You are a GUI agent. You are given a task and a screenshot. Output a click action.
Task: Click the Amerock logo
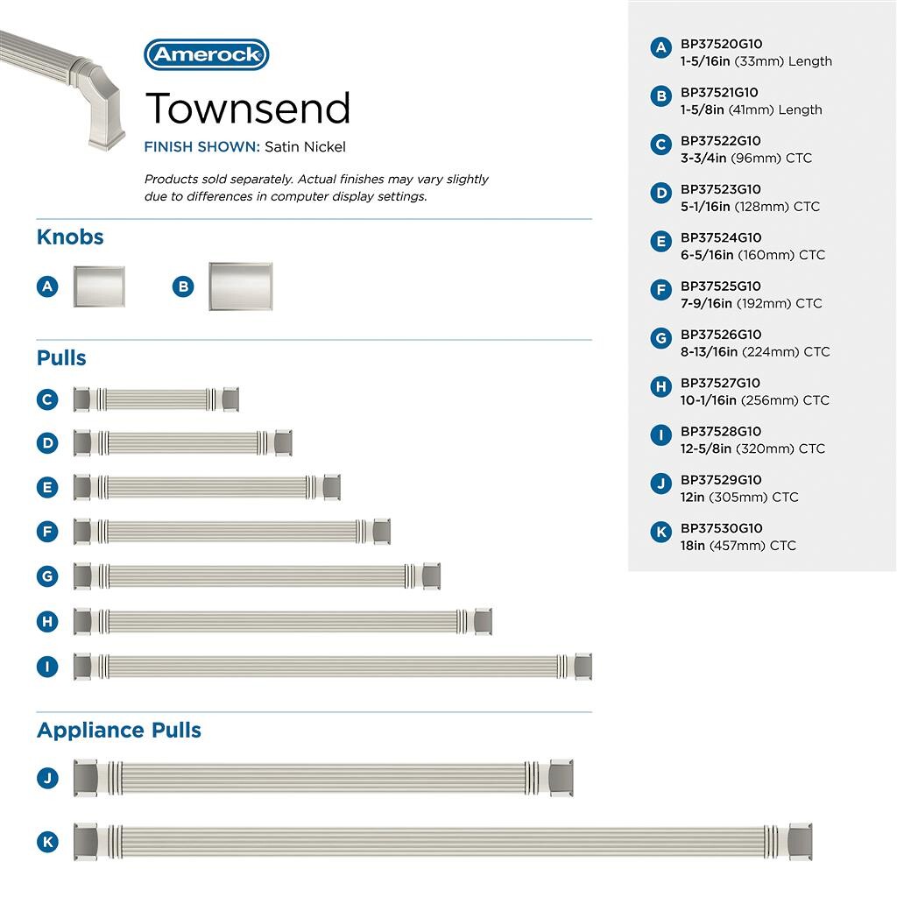tap(206, 54)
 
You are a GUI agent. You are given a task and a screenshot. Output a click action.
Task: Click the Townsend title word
tap(248, 108)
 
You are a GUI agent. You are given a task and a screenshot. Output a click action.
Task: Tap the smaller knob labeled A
tap(98, 286)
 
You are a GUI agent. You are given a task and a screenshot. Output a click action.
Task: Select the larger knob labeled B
tap(240, 286)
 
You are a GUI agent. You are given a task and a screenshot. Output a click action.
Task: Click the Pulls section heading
tap(61, 358)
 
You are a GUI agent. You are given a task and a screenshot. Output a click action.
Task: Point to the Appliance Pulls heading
tap(119, 731)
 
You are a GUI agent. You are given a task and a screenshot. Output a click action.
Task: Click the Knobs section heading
tap(70, 237)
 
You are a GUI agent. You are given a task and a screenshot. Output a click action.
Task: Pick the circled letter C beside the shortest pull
tap(47, 399)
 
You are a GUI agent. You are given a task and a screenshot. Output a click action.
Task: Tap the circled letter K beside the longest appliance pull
tap(47, 842)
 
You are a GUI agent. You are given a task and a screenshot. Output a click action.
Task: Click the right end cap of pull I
tap(583, 666)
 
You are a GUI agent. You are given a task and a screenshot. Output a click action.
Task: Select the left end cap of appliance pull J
tap(85, 777)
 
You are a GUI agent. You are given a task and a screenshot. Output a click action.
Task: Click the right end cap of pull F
tap(381, 531)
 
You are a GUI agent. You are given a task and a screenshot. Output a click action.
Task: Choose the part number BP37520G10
tap(721, 44)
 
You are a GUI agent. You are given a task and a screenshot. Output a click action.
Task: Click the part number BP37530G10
tap(721, 528)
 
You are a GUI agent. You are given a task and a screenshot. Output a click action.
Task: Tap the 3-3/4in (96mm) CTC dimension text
tap(746, 159)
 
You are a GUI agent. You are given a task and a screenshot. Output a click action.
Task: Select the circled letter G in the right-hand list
tap(661, 337)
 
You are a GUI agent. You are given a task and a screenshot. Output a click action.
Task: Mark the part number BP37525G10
tap(721, 286)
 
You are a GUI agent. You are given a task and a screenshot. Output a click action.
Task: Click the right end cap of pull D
tap(283, 442)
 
